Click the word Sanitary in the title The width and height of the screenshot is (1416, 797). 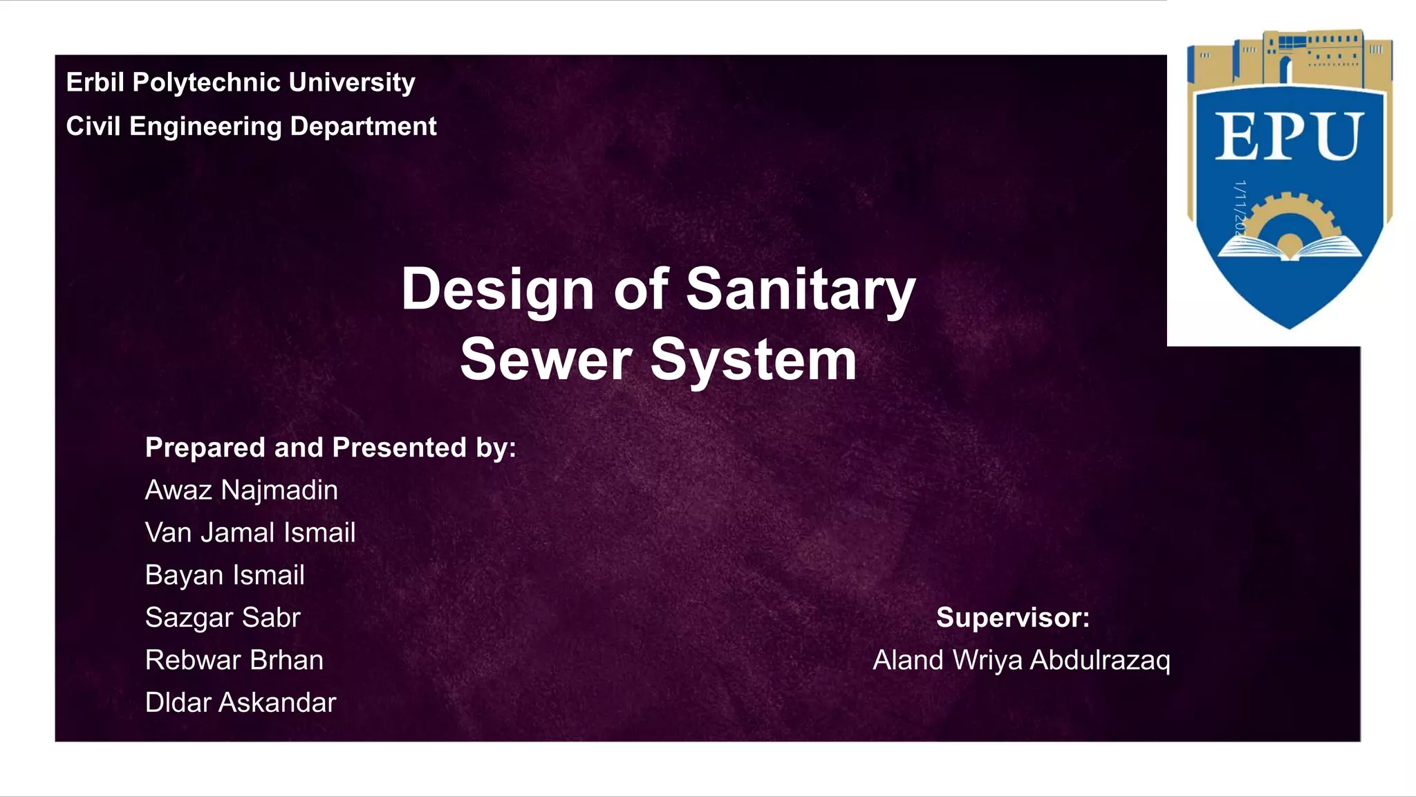(800, 290)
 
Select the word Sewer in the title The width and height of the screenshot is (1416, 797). (546, 360)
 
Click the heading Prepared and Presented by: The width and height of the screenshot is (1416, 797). (330, 448)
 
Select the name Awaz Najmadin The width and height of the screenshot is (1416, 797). (241, 491)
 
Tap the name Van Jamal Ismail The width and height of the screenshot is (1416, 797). (250, 533)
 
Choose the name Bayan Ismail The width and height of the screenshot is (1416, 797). (225, 576)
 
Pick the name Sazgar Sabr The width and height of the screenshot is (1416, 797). (223, 618)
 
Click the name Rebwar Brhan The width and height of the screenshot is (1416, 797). (234, 660)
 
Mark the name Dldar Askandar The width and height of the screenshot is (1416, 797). (240, 703)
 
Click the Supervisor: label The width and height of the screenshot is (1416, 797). (1012, 617)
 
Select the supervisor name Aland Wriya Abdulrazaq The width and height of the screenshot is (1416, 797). (1021, 660)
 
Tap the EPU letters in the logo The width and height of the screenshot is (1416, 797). (1289, 137)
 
